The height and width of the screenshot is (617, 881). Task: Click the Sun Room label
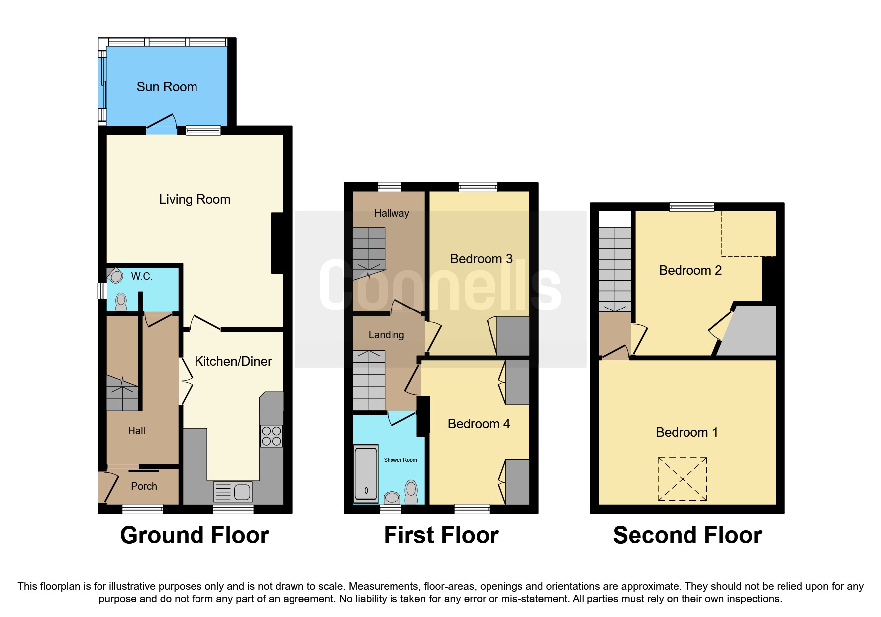pos(167,87)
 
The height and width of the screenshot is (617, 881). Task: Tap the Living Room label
pos(195,199)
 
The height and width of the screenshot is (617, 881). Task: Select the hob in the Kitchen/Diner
pos(272,436)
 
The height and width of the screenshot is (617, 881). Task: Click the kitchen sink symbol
pos(233,492)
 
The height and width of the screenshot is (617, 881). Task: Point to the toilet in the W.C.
pos(121,302)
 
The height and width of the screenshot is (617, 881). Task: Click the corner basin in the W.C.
pos(115,275)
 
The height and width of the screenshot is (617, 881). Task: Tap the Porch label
pos(144,486)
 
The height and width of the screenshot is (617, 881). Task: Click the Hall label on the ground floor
pos(136,431)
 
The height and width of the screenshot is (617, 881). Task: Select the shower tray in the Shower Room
pos(366,474)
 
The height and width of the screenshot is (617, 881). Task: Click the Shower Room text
pos(400,460)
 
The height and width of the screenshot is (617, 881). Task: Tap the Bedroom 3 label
pos(481,259)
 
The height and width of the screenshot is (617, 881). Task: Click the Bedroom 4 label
pos(479,424)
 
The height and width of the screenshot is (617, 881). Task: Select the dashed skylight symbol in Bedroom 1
pos(683,479)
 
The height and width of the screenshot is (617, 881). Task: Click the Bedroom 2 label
pos(690,270)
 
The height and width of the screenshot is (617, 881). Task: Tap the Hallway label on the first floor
pos(392,213)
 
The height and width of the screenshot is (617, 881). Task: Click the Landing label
pos(386,335)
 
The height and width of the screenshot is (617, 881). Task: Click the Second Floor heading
pos(687,535)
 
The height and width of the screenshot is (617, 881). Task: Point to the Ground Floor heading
pos(195,535)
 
